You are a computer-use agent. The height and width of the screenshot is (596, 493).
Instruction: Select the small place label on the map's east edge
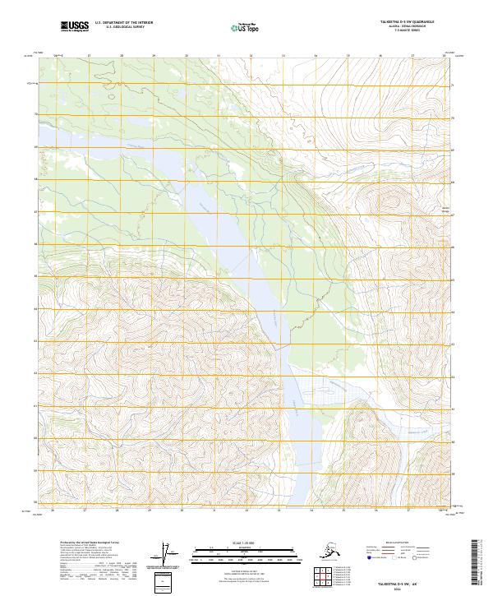[447, 209]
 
